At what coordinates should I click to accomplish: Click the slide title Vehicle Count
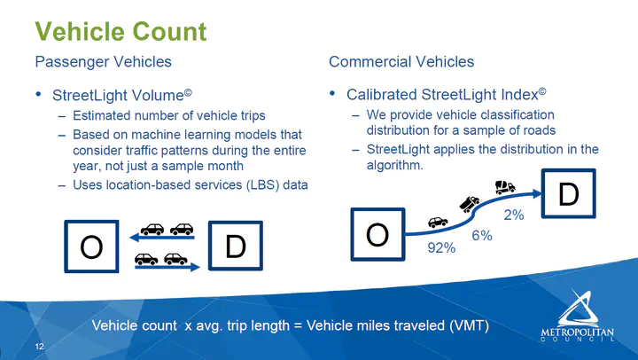121,32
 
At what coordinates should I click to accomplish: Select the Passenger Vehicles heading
104,62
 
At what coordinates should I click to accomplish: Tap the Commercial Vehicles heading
401,62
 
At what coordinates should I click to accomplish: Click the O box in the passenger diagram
91,247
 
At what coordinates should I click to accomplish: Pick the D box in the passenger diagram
236,246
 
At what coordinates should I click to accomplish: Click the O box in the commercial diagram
378,234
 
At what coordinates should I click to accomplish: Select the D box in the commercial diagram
568,194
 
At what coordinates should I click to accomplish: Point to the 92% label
441,247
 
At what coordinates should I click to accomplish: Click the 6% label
482,235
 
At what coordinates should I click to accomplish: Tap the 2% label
514,215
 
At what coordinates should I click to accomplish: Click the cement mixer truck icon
505,187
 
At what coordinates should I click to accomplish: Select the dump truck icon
470,204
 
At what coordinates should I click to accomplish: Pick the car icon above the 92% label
438,222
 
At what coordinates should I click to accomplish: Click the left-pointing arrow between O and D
162,237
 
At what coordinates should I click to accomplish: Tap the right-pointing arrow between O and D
167,267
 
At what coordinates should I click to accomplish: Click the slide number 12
40,347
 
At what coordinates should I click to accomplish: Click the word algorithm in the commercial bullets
394,165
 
